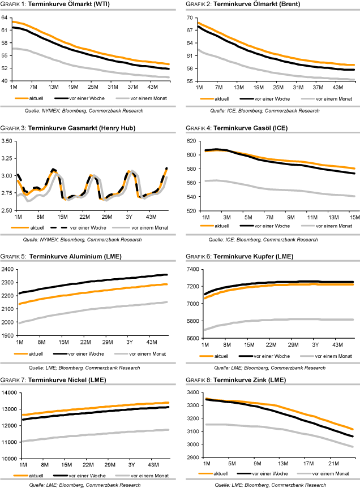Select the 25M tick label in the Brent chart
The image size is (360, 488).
pos(277,88)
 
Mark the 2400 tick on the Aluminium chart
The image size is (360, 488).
pos(8,269)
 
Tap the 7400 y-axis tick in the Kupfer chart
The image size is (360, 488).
pos(190,269)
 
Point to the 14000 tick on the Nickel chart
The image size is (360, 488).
pos(8,392)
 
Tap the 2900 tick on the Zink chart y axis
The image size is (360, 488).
pos(190,457)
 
